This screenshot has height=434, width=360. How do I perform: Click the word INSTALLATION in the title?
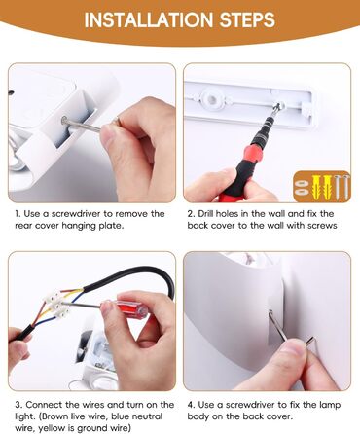coord(149,19)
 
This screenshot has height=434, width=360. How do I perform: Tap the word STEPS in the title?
coord(247,19)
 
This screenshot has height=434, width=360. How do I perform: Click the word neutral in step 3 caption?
coord(146,416)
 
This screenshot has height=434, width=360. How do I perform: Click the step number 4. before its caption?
coord(191,405)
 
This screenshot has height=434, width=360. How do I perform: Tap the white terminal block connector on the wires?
coord(55,304)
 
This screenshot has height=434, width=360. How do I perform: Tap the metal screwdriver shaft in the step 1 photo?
coord(82,125)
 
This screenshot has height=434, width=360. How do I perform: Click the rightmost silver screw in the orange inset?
coord(345,186)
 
